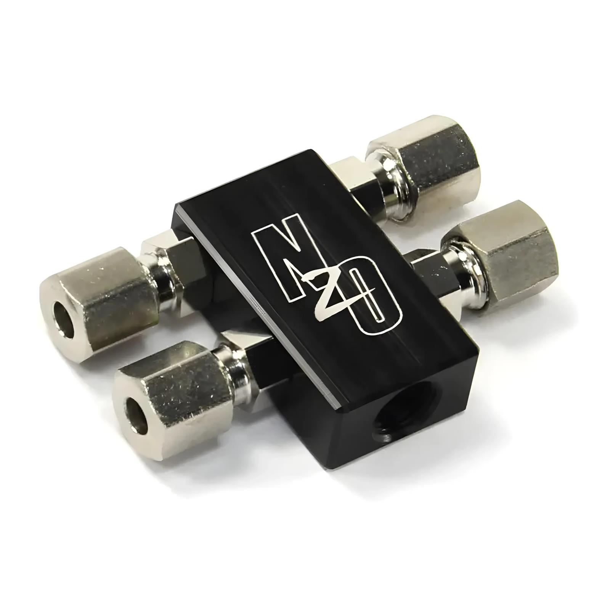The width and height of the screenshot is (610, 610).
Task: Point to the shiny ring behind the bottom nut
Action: point(236,358)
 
